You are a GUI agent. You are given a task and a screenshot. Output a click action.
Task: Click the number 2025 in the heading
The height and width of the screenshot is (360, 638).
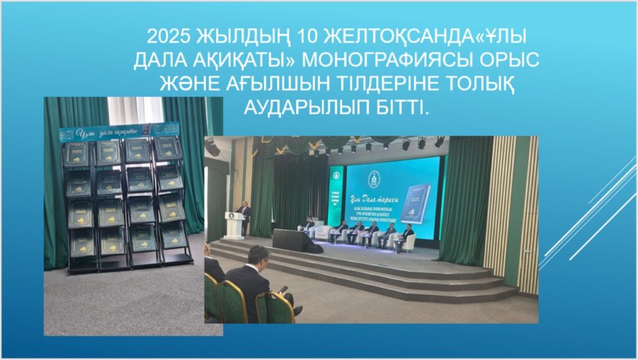coord(169,36)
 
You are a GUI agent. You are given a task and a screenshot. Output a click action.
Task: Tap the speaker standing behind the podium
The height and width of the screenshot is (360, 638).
coord(244,216)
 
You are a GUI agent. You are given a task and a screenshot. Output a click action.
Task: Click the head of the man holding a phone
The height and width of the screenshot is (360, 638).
coord(259,256)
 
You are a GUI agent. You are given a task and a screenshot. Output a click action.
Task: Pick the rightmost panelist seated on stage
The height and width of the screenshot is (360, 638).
coord(407,234)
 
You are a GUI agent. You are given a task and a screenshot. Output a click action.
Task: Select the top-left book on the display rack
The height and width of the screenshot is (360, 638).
coord(77,153)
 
